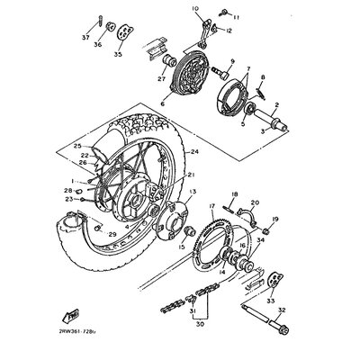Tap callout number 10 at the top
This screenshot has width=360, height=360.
pyautogui.click(x=193, y=8)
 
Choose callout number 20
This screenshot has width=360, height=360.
pyautogui.click(x=255, y=204)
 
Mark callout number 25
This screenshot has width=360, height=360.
pyautogui.click(x=77, y=146)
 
